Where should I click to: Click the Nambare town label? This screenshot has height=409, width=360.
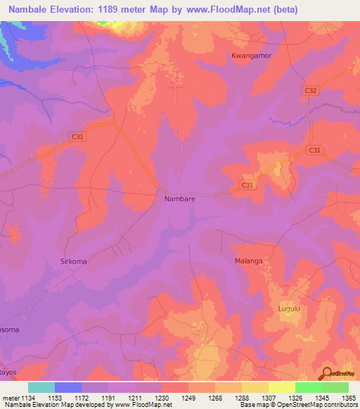click(x=179, y=199)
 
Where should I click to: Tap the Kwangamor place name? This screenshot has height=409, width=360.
click(x=251, y=55)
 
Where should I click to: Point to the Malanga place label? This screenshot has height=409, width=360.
click(x=248, y=261)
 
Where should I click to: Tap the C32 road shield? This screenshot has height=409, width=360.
click(x=311, y=91)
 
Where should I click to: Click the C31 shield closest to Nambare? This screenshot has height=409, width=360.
click(x=245, y=185)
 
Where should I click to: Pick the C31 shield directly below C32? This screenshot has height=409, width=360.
click(x=314, y=150)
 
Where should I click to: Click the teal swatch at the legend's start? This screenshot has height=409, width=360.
click(x=41, y=387)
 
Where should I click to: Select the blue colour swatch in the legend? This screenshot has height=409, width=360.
click(x=68, y=387)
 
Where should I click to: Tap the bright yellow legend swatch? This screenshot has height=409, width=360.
click(x=282, y=387)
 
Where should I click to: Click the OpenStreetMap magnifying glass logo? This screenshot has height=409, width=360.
click(x=327, y=373)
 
